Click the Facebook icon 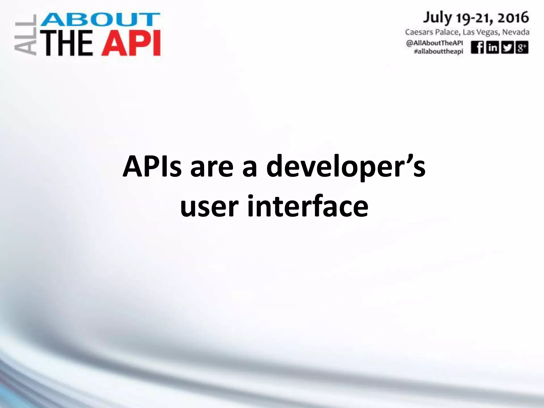pos(477,48)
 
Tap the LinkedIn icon pos(492,48)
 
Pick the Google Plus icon pos(521,48)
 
